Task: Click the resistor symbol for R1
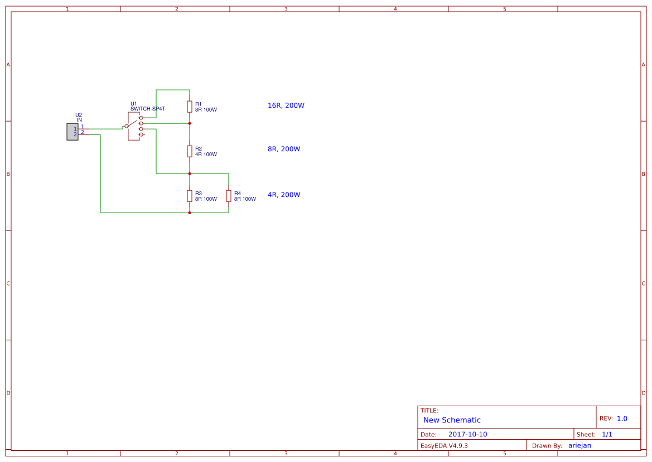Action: (190, 106)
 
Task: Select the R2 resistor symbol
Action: (190, 151)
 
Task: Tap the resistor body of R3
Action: (190, 195)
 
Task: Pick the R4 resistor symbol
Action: (229, 195)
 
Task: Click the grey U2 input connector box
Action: (73, 132)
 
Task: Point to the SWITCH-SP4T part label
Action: (148, 109)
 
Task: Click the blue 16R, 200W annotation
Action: (286, 105)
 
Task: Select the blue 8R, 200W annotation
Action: (284, 149)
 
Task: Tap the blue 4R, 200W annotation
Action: (284, 195)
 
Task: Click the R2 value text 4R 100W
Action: (206, 155)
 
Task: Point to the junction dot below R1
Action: (190, 123)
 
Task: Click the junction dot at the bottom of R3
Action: (190, 213)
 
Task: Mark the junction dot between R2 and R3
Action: (190, 174)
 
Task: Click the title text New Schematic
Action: (452, 420)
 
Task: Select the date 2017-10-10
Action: (467, 434)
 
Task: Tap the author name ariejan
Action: (579, 445)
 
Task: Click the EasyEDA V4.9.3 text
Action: (444, 445)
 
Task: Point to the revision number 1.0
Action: (622, 418)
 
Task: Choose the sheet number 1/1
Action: (607, 434)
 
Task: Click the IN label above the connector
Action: (79, 120)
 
